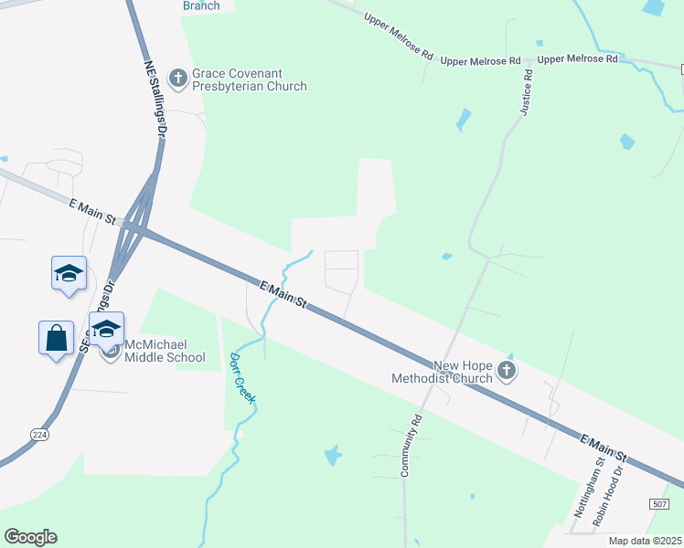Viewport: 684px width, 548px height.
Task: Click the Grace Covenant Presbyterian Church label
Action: tap(249, 79)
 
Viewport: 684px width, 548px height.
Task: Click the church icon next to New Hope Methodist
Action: tap(508, 371)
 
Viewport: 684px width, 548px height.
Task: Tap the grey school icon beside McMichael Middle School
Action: tap(110, 352)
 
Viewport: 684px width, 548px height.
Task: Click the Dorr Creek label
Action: tap(241, 377)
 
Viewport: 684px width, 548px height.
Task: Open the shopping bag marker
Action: tap(56, 337)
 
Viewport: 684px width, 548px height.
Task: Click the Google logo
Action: tap(30, 537)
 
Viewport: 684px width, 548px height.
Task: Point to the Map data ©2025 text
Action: tap(645, 541)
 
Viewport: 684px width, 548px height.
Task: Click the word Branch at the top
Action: tap(201, 5)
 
